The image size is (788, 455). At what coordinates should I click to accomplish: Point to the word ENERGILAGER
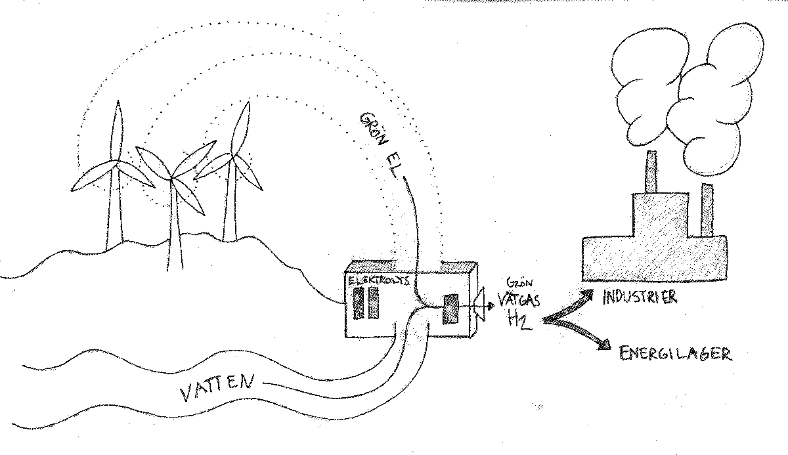coord(675,353)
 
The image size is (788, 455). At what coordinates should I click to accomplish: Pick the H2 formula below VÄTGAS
coord(516,320)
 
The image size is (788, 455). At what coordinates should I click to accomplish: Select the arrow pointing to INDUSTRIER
coord(569,307)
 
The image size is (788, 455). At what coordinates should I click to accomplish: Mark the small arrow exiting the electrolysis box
coord(485,305)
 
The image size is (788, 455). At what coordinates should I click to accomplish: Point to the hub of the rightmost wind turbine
coord(230,156)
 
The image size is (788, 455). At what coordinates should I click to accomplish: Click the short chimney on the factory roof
coord(652,172)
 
